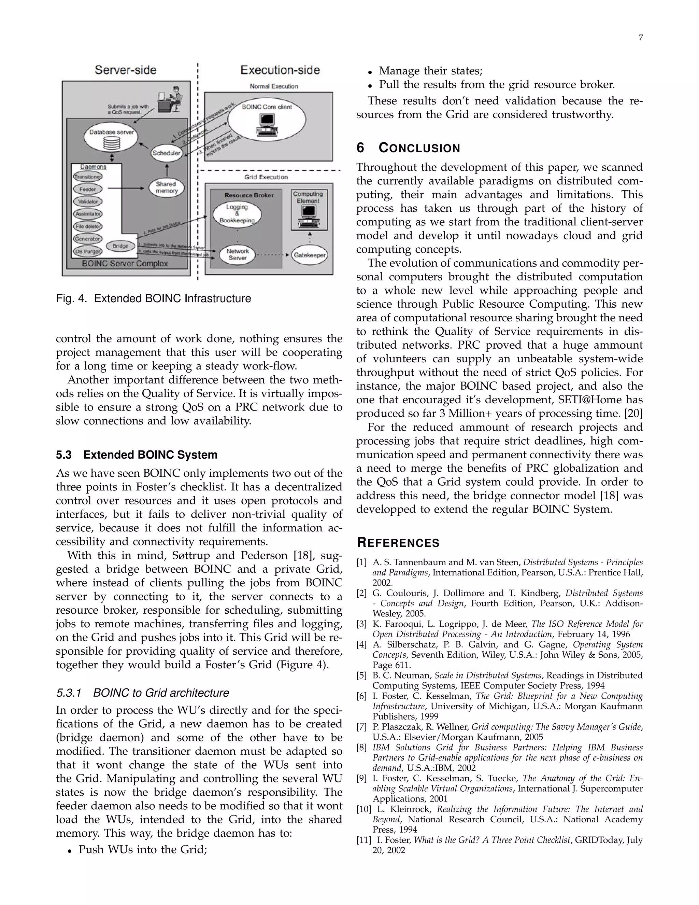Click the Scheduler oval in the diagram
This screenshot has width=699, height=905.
(167, 153)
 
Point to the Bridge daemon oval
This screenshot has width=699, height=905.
(120, 246)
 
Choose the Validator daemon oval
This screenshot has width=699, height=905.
(88, 202)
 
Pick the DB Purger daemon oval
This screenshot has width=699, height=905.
(87, 251)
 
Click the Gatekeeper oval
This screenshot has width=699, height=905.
(309, 255)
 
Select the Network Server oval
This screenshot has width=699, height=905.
(237, 254)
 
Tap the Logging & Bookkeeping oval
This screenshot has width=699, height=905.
(237, 214)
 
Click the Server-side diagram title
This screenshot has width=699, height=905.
(126, 70)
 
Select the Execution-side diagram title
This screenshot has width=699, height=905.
(280, 70)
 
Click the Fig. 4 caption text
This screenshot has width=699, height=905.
(154, 298)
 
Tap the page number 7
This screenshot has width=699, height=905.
(641, 38)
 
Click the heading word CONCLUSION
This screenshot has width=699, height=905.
(419, 148)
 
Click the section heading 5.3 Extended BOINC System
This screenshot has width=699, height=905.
(137, 455)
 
